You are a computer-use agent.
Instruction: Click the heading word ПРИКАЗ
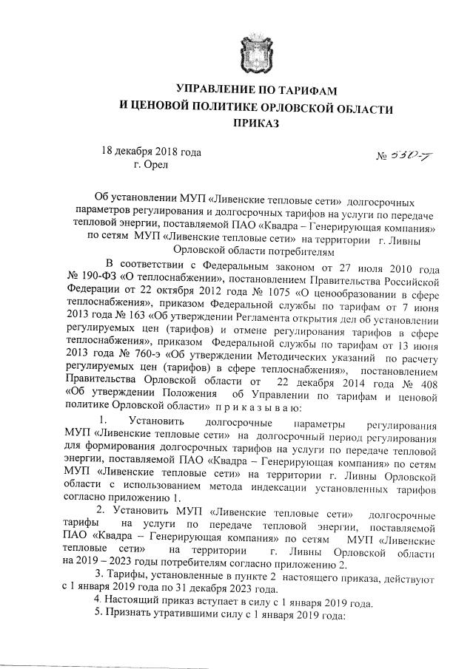(x=255, y=125)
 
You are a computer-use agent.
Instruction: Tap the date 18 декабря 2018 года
(x=151, y=151)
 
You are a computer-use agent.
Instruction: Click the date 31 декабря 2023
(x=207, y=588)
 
